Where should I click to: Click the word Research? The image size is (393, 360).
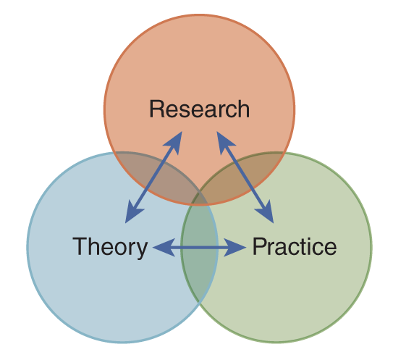[199, 109]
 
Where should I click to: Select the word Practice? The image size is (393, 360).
[295, 246]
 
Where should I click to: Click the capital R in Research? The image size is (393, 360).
[157, 109]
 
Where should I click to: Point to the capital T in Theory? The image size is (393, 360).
[80, 246]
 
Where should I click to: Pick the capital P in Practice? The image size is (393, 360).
[260, 246]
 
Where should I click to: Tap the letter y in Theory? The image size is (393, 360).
[141, 251]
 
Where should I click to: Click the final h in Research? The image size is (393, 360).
[243, 109]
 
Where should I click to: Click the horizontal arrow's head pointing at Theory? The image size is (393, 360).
[164, 248]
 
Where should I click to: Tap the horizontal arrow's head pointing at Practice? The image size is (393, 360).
[234, 248]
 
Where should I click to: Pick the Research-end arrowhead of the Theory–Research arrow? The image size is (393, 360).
[174, 142]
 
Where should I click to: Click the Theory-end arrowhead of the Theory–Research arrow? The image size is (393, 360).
[133, 212]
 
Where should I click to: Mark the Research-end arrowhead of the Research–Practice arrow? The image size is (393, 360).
[224, 142]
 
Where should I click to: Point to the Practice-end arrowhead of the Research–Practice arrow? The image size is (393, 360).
[266, 212]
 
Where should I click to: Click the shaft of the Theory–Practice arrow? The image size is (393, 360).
[199, 248]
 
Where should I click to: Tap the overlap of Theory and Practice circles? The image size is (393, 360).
[199, 251]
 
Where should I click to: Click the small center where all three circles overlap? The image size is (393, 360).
[199, 199]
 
